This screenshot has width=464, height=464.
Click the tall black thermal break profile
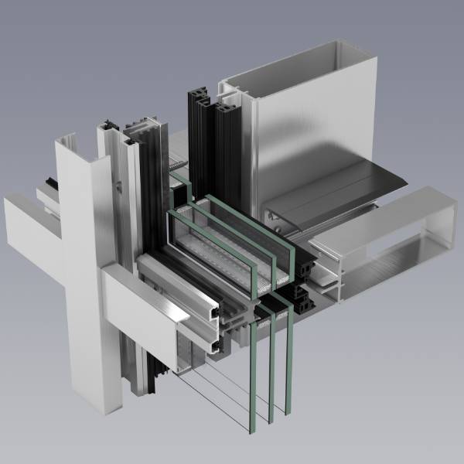click(198, 131)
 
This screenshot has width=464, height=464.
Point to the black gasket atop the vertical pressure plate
click(109, 124)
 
